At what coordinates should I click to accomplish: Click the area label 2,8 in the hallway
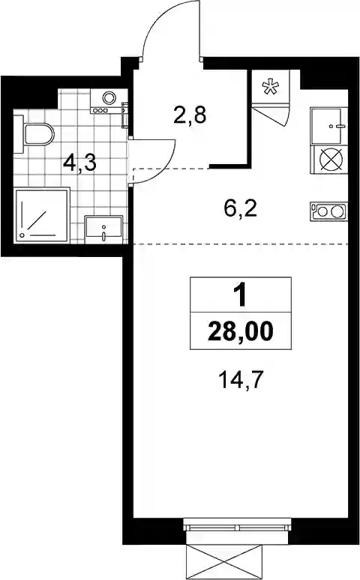[189, 115]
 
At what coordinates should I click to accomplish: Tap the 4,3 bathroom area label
[79, 163]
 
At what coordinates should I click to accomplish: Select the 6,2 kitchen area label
[240, 209]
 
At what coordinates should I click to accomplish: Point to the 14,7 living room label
[243, 380]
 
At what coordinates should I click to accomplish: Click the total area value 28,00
[241, 330]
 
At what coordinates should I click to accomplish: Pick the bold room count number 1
[241, 296]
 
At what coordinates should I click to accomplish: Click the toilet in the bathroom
[34, 134]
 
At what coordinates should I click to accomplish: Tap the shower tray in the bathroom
[42, 217]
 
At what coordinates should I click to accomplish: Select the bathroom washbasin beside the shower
[103, 230]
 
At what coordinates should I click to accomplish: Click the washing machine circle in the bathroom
[109, 97]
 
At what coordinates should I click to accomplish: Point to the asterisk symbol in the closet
[269, 87]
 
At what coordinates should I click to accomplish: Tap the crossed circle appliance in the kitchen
[331, 160]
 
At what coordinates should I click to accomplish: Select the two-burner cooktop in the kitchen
[329, 212]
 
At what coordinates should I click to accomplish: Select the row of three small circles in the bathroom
[100, 110]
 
